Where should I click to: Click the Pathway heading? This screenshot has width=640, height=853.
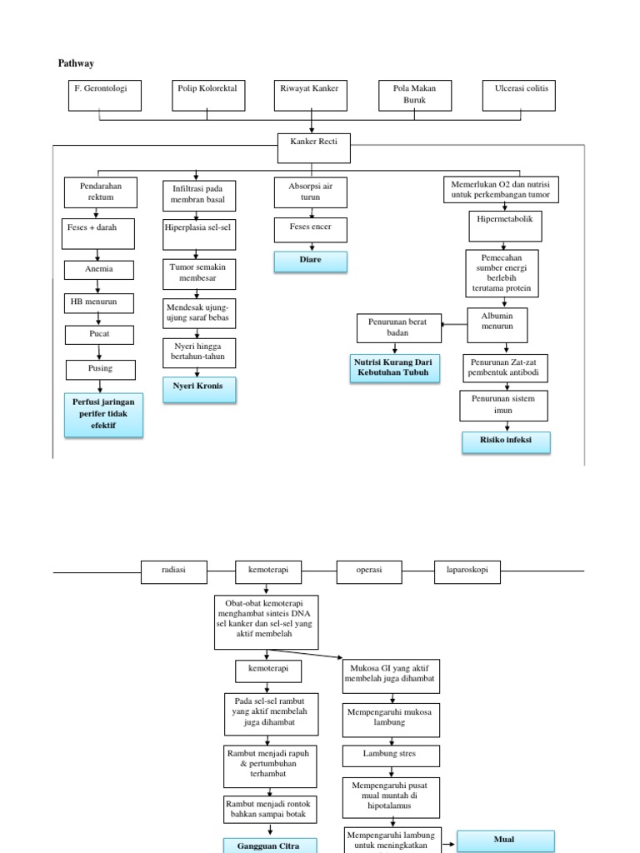77,63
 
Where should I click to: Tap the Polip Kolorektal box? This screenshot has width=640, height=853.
210,94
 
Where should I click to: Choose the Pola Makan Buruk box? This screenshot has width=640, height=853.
414,95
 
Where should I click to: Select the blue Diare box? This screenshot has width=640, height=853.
311,261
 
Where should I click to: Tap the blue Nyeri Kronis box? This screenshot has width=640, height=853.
198,389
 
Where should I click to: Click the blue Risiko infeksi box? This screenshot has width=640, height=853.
506,441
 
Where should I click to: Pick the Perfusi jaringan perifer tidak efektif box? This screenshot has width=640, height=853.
104,415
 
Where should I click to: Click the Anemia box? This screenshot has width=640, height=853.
99,270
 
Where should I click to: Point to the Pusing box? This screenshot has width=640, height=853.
100,368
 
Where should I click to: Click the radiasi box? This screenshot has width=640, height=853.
174,571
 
